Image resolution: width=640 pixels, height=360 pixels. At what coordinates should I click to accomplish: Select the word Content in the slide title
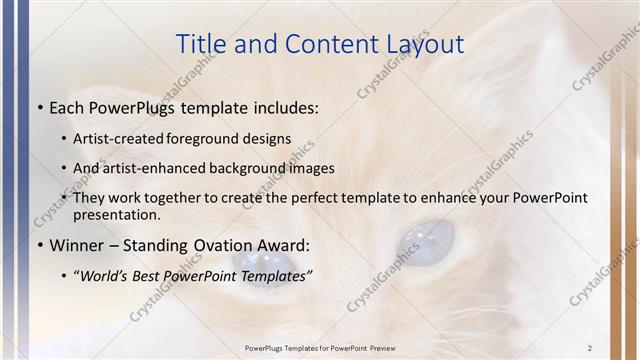(x=321, y=44)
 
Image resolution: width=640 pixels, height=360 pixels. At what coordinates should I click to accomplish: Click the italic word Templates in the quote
(x=274, y=275)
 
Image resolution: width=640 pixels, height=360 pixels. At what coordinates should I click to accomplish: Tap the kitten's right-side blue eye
(x=427, y=240)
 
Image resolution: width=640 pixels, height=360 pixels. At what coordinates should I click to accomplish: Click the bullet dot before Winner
(x=39, y=245)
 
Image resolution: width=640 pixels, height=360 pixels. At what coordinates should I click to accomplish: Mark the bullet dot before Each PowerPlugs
(x=39, y=107)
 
